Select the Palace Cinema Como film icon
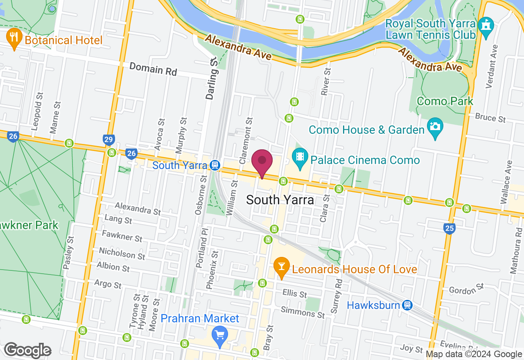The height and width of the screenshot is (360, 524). click(300, 157)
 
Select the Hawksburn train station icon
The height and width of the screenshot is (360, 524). click(407, 305)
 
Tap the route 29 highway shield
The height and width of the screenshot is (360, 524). click(108, 140)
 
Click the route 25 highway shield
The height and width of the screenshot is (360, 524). click(449, 228)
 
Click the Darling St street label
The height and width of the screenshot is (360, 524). click(211, 79)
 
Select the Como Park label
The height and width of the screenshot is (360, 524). click(445, 101)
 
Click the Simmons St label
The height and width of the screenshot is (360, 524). click(303, 313)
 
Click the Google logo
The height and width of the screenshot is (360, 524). click(27, 350)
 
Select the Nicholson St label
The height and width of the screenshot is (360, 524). click(122, 254)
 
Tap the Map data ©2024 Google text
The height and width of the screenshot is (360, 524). click(474, 354)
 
